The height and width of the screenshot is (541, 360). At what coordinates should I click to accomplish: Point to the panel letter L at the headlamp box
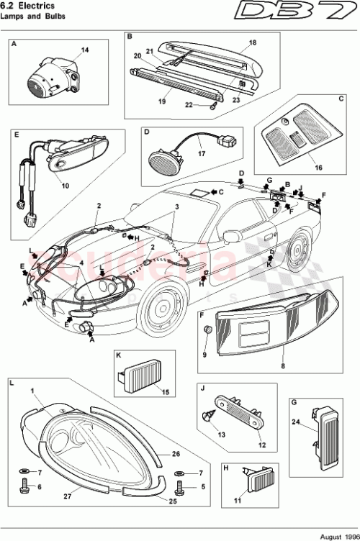click(x=12, y=385)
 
